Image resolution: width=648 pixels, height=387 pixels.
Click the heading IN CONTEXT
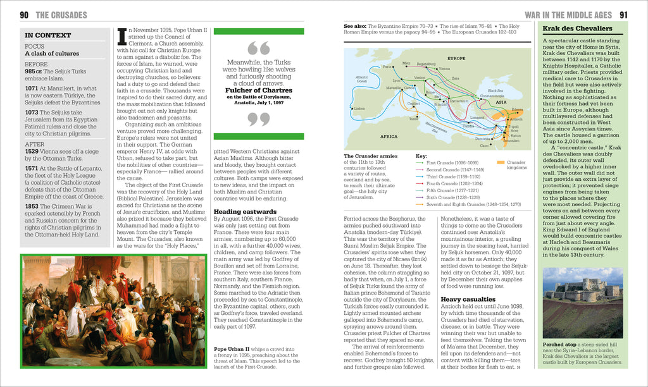coord(48,35)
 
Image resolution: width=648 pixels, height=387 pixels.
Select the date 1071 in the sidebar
coord(32,89)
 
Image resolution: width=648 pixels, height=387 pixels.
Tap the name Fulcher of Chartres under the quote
coord(259,90)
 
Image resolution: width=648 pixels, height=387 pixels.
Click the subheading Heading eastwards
coord(244,211)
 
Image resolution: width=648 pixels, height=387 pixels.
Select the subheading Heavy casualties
coord(468,299)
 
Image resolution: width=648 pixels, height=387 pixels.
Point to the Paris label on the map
coord(387,66)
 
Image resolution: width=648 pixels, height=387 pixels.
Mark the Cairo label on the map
coord(484,145)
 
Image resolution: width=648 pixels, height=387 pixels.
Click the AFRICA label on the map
coord(389,136)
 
